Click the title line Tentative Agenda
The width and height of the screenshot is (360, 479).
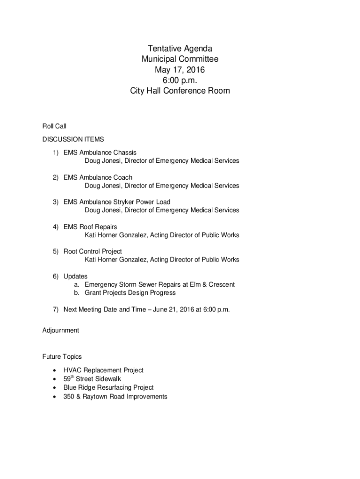click(180, 49)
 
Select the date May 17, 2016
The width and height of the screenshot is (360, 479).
click(180, 70)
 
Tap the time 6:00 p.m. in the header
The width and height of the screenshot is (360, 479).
click(180, 80)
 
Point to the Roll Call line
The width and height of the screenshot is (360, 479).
click(54, 126)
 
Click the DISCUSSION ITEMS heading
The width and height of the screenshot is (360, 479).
click(73, 139)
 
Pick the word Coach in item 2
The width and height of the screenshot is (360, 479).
click(122, 177)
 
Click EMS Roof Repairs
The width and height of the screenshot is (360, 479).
click(90, 227)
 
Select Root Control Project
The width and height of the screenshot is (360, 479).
click(93, 251)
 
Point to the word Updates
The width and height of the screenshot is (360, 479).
click(75, 276)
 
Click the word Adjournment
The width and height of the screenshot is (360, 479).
click(61, 330)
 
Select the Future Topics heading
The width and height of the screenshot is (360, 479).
click(62, 357)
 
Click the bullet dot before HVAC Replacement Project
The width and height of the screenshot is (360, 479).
click(55, 370)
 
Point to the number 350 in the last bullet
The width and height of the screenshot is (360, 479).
click(69, 397)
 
